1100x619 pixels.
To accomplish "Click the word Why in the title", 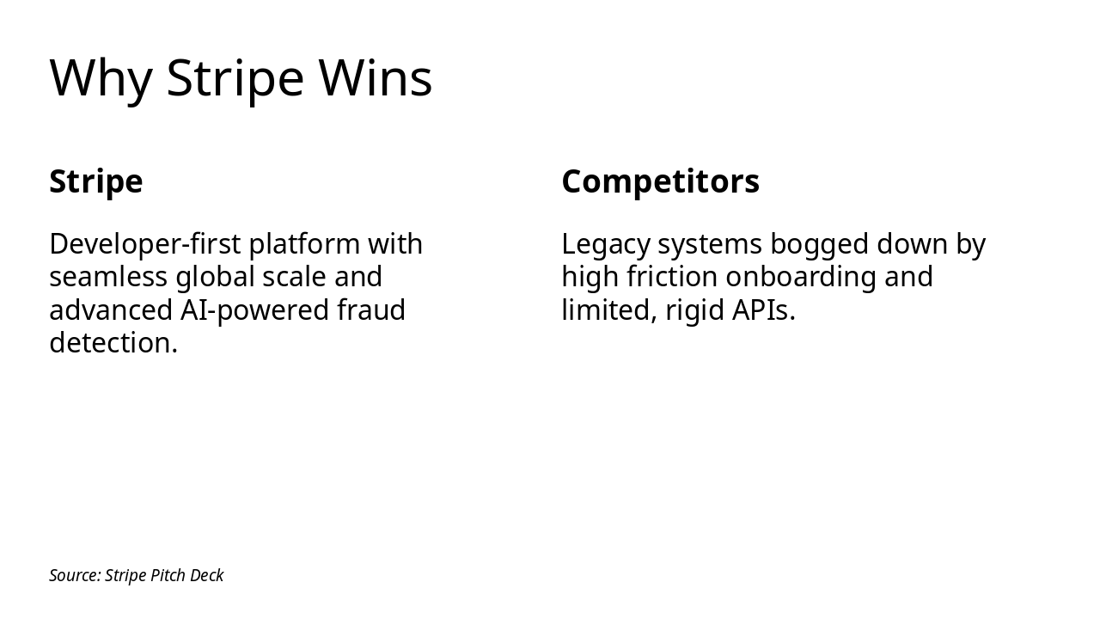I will click(x=101, y=78).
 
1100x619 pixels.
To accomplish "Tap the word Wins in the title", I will click(x=376, y=78).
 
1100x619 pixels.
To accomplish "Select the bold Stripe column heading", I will click(x=96, y=181).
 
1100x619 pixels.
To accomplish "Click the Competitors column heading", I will click(x=660, y=181).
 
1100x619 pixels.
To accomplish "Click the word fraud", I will click(x=371, y=309).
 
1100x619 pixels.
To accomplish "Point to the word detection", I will click(x=113, y=343).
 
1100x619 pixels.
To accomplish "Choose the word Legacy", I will click(x=606, y=244).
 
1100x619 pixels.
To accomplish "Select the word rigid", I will click(x=694, y=310).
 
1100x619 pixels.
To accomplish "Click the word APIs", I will click(x=763, y=310).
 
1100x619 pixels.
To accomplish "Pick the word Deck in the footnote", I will click(x=207, y=575).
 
